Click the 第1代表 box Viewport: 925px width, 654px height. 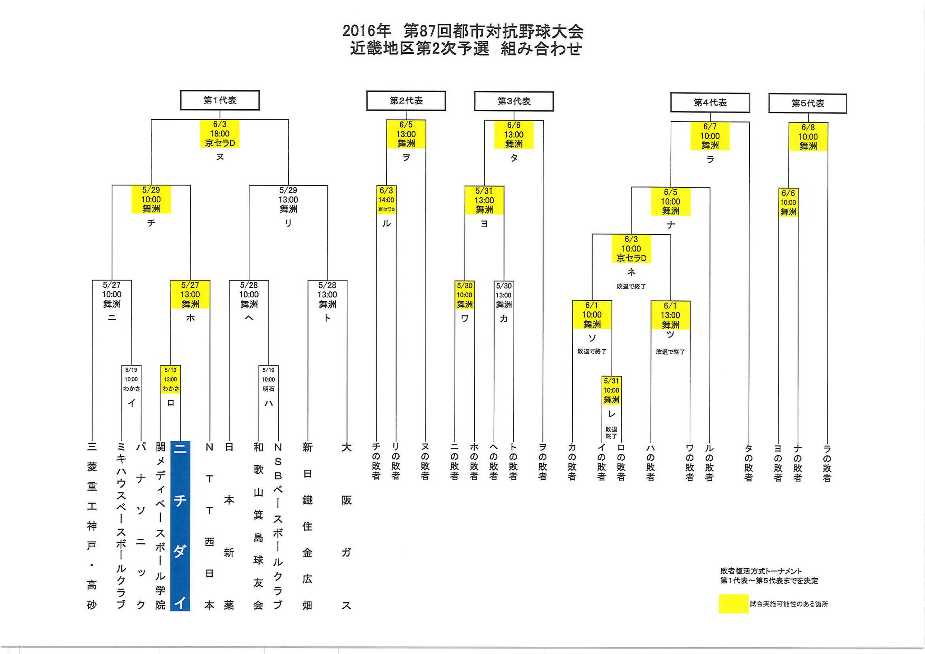220,100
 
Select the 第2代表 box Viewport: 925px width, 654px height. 406,101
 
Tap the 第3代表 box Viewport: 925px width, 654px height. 514,101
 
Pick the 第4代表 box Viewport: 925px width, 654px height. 710,103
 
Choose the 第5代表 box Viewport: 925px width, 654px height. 807,103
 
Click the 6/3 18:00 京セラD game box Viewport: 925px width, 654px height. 220,134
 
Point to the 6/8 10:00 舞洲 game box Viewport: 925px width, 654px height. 808,137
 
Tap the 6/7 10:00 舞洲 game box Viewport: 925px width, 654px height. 710,136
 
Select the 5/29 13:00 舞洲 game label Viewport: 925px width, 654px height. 288,200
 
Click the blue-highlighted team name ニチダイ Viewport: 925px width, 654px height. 180,526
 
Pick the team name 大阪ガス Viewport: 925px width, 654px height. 346,526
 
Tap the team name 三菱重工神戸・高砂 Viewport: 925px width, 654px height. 92,526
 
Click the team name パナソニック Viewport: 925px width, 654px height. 141,526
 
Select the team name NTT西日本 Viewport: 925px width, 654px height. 209,526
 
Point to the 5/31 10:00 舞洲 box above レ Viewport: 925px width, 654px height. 611,390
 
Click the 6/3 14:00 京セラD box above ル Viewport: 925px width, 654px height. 386,200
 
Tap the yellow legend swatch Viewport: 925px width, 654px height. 733,604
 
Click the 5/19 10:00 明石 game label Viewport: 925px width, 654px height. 268,379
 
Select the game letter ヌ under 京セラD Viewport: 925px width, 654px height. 220,157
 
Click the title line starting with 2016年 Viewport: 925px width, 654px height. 462,31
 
